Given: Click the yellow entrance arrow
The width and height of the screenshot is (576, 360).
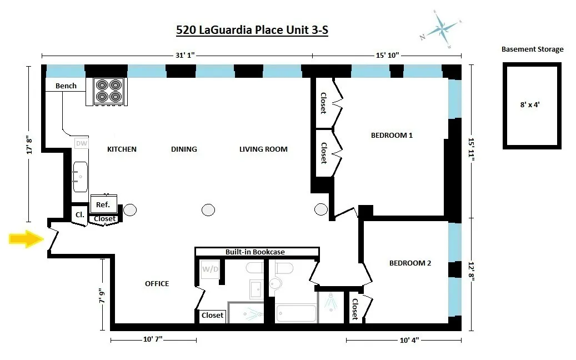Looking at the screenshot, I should [x=26, y=239].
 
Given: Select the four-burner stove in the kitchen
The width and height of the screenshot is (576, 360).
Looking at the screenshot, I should [x=108, y=91].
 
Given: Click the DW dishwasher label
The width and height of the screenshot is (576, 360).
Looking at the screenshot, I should [x=81, y=143].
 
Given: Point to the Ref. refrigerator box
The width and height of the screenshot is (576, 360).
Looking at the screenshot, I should [x=103, y=204].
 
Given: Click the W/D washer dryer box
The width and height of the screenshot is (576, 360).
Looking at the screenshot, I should [x=209, y=270].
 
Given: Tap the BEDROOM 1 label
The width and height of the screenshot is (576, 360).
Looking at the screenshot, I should [x=392, y=135].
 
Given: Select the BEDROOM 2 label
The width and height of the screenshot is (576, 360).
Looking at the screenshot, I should [x=410, y=263].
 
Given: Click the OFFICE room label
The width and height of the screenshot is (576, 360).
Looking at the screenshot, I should [x=157, y=284].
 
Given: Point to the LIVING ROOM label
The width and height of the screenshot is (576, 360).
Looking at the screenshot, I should [x=263, y=149].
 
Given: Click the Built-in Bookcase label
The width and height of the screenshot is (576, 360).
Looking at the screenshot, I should [x=255, y=252].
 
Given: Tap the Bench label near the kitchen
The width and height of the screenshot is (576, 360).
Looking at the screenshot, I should [x=66, y=86].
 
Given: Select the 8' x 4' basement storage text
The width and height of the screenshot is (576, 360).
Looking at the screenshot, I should [x=532, y=104].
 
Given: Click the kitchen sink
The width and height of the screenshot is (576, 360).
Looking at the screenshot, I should [x=79, y=176].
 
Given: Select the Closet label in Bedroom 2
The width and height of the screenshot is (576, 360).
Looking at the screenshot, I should [x=354, y=309].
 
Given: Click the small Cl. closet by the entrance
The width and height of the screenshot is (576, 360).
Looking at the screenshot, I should [x=79, y=214].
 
